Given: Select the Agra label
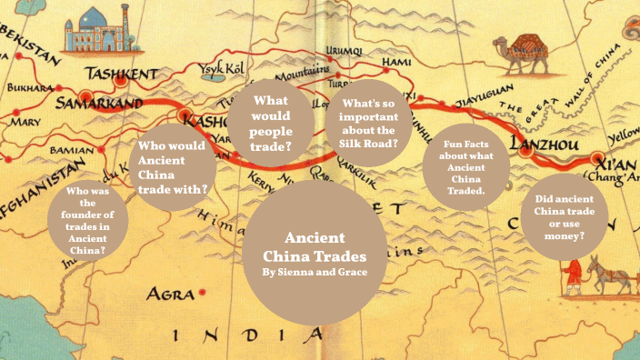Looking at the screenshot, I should (x=172, y=295).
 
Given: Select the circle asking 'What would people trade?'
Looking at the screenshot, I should (x=272, y=123).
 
